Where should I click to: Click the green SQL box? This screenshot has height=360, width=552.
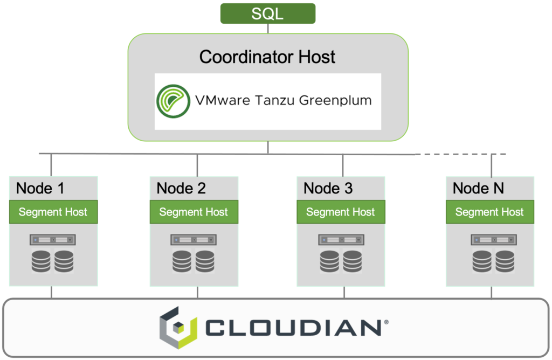(268, 13)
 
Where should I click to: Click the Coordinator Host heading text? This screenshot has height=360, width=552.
(267, 57)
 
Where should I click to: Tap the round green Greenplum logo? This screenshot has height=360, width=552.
(173, 101)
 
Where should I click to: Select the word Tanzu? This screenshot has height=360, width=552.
(274, 100)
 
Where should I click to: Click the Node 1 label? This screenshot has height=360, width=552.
(40, 188)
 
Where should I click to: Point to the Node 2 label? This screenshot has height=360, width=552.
(181, 188)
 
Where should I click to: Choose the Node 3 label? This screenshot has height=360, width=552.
(328, 188)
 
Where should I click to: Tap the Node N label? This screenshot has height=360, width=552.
(478, 188)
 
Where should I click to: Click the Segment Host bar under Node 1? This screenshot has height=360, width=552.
(53, 212)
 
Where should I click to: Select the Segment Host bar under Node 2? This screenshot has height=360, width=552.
(194, 212)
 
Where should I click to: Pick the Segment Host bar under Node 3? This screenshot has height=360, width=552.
(341, 212)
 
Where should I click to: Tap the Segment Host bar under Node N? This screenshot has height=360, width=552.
(489, 212)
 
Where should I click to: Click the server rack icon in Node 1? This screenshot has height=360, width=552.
(52, 240)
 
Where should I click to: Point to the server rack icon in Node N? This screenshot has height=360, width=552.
(494, 240)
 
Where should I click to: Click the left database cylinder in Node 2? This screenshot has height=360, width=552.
(182, 261)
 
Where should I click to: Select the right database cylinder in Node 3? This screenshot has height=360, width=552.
(353, 261)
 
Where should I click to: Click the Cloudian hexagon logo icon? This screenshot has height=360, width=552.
(178, 328)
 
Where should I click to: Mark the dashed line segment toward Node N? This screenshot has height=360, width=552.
(460, 154)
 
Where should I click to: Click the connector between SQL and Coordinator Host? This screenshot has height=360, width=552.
(268, 29)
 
